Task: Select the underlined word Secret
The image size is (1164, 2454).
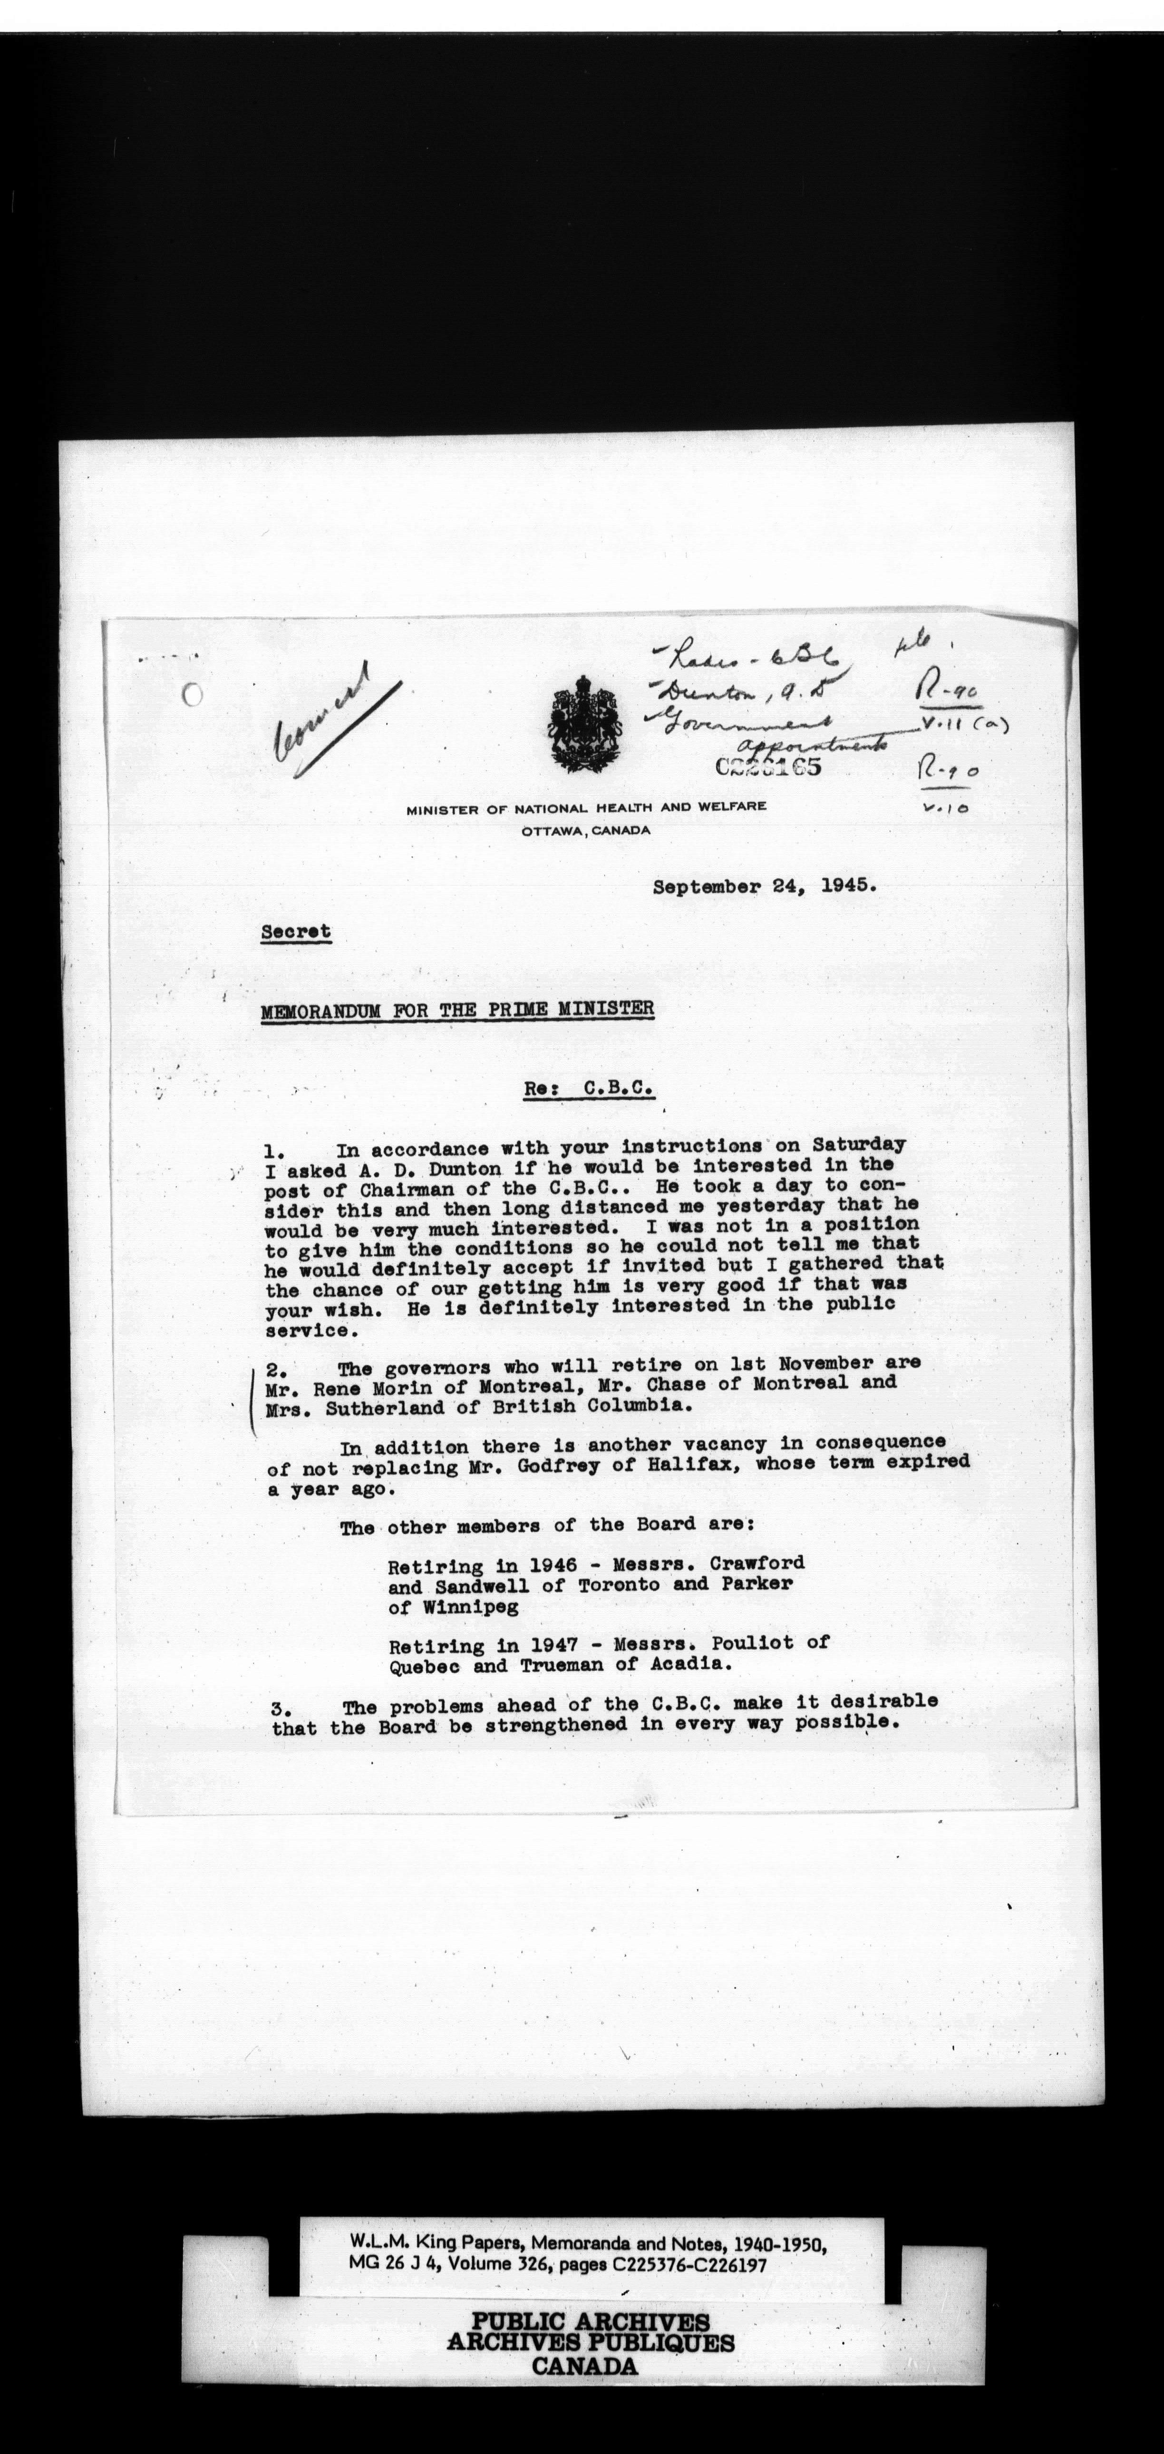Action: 296,932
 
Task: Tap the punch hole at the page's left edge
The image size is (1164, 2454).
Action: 194,694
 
